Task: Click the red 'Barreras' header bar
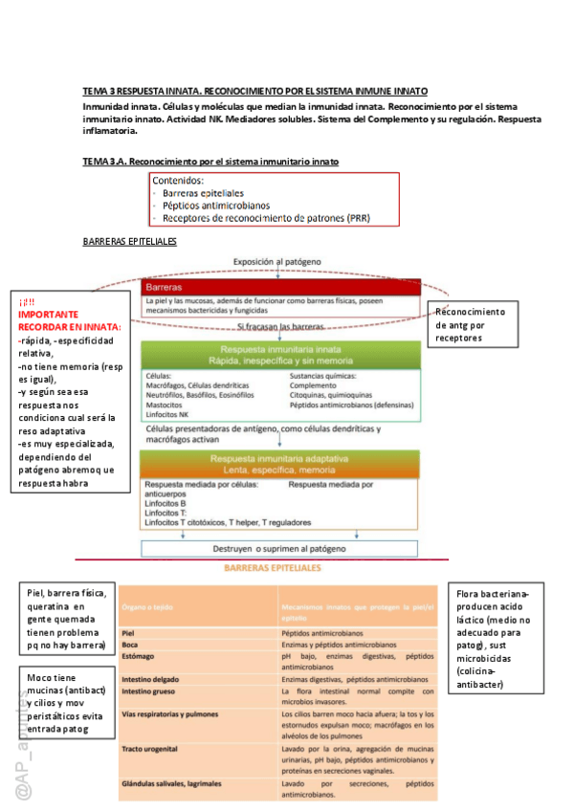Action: click(277, 287)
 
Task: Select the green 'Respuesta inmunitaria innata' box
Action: click(277, 355)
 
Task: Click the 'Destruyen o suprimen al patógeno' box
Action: click(279, 549)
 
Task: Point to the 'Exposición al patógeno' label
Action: click(277, 261)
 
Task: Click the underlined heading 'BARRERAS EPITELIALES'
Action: click(130, 241)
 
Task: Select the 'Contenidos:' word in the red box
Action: click(178, 181)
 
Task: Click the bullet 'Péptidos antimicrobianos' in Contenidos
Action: click(215, 205)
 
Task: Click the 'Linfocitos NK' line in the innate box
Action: click(169, 413)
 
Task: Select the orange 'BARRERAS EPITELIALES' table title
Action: click(272, 568)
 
